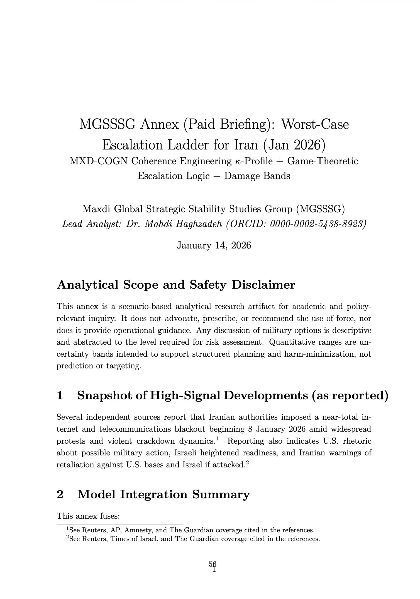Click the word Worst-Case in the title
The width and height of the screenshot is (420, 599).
pyautogui.click(x=315, y=124)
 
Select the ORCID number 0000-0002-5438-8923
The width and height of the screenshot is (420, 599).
pyautogui.click(x=317, y=224)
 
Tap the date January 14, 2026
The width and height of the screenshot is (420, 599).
pyautogui.click(x=214, y=245)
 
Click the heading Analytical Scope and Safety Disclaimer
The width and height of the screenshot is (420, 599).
pyautogui.click(x=176, y=285)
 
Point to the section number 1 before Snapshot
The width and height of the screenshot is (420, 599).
pyautogui.click(x=60, y=395)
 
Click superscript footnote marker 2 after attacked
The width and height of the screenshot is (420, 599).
pyautogui.click(x=247, y=462)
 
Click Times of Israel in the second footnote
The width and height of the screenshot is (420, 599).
pyautogui.click(x=135, y=539)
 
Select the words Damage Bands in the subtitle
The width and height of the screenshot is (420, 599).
pyautogui.click(x=257, y=176)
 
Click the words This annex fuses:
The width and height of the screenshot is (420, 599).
pyautogui.click(x=88, y=516)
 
